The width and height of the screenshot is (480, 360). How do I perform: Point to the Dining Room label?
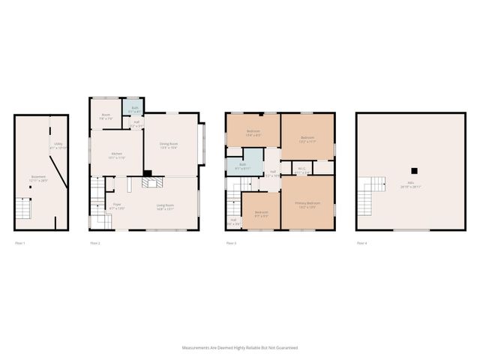[168, 145]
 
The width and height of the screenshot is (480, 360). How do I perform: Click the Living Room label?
[165, 205]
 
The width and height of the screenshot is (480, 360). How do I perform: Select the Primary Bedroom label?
[307, 203]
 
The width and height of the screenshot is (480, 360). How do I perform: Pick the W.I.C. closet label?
[302, 169]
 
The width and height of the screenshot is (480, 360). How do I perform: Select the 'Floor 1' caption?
[20, 243]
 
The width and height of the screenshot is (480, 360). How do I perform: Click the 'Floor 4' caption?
[362, 243]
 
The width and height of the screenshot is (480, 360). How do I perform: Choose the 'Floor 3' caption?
[231, 243]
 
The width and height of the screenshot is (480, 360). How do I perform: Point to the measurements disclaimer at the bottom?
[240, 348]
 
